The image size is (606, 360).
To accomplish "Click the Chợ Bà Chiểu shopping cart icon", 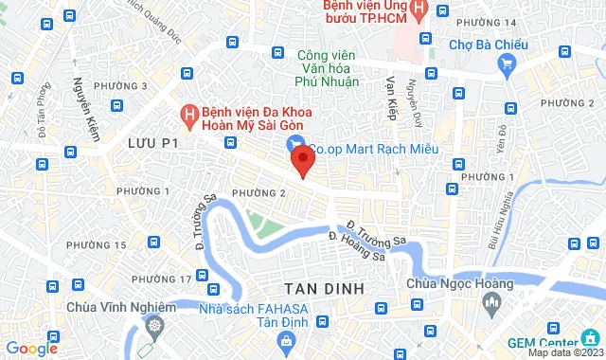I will [507, 63].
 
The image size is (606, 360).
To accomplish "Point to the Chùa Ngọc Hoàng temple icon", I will [490, 303].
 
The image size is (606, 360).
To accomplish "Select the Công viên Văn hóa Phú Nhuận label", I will [328, 68].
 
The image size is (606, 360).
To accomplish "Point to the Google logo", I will [31, 348].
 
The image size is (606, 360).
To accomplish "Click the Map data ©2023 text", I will [565, 353].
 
